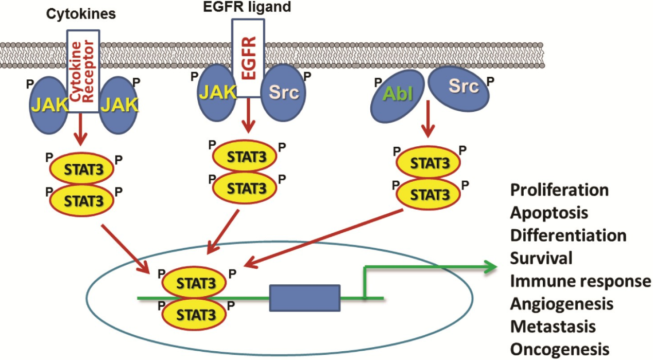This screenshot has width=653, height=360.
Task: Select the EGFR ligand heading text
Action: coord(247,7)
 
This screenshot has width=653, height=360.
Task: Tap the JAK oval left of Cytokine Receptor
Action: coord(47,105)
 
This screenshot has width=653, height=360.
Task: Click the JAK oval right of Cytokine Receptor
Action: coord(119,105)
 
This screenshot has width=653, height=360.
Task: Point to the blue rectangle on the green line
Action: coord(305,298)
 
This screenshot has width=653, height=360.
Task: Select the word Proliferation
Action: coord(559,190)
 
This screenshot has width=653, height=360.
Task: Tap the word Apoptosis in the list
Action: coord(549,212)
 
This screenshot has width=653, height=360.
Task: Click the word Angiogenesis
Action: coord(561,303)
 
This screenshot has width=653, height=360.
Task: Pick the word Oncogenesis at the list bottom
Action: coord(557,349)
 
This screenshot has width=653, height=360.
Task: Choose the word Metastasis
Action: coord(553,326)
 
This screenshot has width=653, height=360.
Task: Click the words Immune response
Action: coord(580,281)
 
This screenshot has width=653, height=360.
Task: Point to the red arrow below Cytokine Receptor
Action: coord(80,131)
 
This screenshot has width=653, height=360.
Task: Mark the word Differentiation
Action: coord(568,235)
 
